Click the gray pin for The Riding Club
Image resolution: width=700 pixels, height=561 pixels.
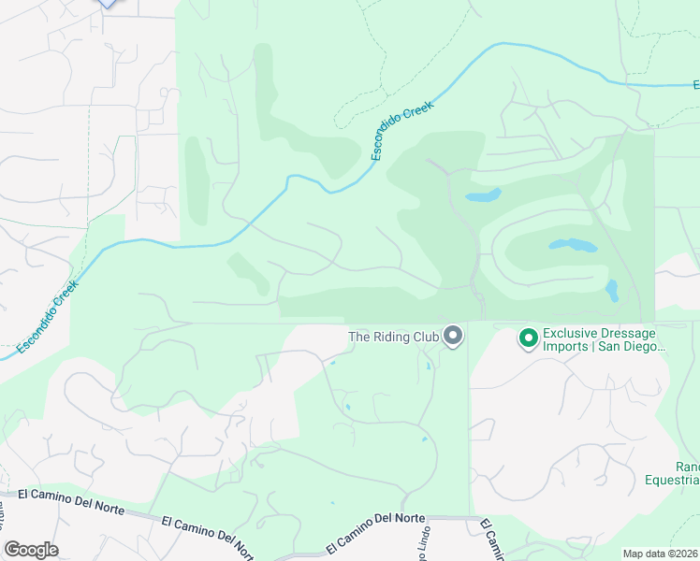point(454,335)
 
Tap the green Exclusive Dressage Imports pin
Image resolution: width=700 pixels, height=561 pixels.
point(529,338)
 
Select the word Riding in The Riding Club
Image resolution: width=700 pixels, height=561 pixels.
point(394,337)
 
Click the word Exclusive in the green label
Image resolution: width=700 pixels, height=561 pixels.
point(572,332)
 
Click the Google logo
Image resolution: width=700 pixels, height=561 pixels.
point(31,550)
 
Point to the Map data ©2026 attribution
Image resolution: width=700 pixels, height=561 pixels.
point(660,554)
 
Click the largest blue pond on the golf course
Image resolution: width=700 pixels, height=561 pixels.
point(572,246)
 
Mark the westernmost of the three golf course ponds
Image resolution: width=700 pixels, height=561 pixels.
point(483,196)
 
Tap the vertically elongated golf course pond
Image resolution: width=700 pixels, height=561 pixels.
point(611,291)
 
